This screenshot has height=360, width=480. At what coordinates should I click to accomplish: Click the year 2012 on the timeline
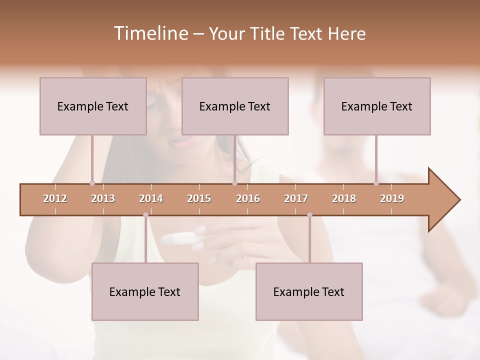(x=55, y=198)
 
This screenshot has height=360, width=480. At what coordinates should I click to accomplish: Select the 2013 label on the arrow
(x=103, y=198)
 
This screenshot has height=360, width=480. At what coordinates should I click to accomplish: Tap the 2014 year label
(x=151, y=198)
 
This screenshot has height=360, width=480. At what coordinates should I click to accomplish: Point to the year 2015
(x=199, y=198)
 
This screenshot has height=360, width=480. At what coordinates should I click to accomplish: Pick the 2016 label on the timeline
(x=248, y=198)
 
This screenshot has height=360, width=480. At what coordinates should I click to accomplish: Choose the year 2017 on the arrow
(x=296, y=198)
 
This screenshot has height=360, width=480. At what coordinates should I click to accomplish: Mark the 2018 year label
(x=344, y=198)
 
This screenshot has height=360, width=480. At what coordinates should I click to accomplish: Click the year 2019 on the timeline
(x=392, y=198)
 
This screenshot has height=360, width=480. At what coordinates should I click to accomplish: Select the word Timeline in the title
(x=149, y=33)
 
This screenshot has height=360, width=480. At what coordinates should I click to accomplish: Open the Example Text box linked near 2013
(x=93, y=106)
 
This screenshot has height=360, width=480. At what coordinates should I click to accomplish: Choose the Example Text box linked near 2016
(x=235, y=106)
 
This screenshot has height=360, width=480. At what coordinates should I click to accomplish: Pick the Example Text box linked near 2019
(x=377, y=106)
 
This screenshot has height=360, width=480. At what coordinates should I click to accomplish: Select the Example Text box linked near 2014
(x=145, y=291)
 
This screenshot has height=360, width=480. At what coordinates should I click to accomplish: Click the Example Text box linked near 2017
(x=309, y=291)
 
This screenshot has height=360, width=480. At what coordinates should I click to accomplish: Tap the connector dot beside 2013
(x=92, y=183)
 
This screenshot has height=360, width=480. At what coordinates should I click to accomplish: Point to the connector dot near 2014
(x=145, y=215)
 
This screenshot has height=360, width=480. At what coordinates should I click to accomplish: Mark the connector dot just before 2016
(x=234, y=183)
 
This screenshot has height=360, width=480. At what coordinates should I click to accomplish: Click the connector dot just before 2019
(x=376, y=183)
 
